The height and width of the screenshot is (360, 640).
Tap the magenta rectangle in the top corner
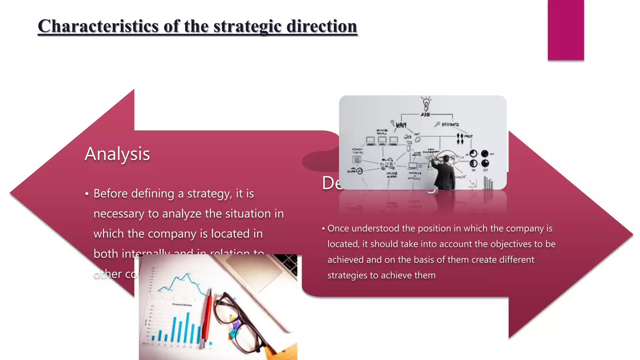pos(566,30)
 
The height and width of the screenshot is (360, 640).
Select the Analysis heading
pos(117,154)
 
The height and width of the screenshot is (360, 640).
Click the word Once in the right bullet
pos(338,228)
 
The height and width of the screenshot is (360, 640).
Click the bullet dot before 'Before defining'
pos(87,194)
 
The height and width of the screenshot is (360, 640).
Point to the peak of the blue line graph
pos(187,274)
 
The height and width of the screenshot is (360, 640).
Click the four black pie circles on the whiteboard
pos(479,158)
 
